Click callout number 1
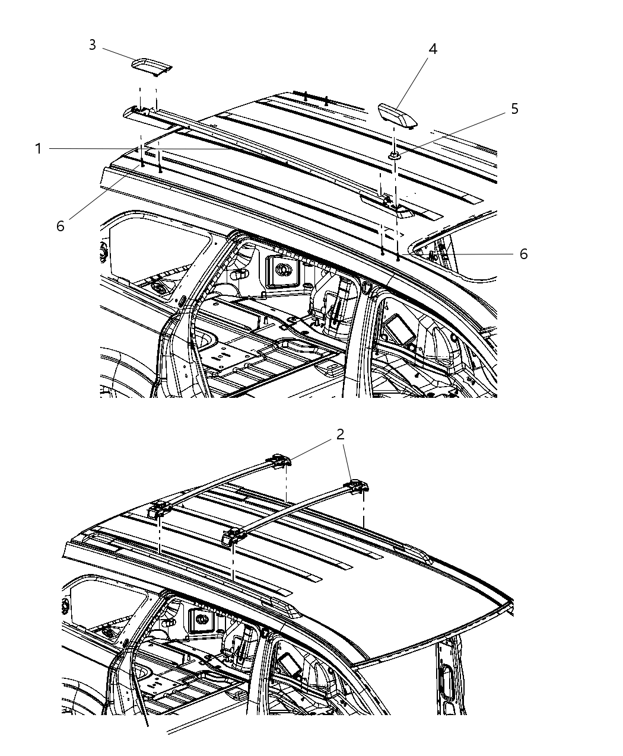coord(39,148)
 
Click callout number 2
coord(340,435)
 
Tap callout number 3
coord(93,45)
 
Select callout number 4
coord(433,49)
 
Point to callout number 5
coord(514,109)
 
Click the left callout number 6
coord(61,226)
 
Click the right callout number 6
coord(523,254)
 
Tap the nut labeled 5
coord(395,156)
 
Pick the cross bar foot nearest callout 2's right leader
coord(358,487)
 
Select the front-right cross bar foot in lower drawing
coord(234,536)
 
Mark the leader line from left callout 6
coord(101,196)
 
